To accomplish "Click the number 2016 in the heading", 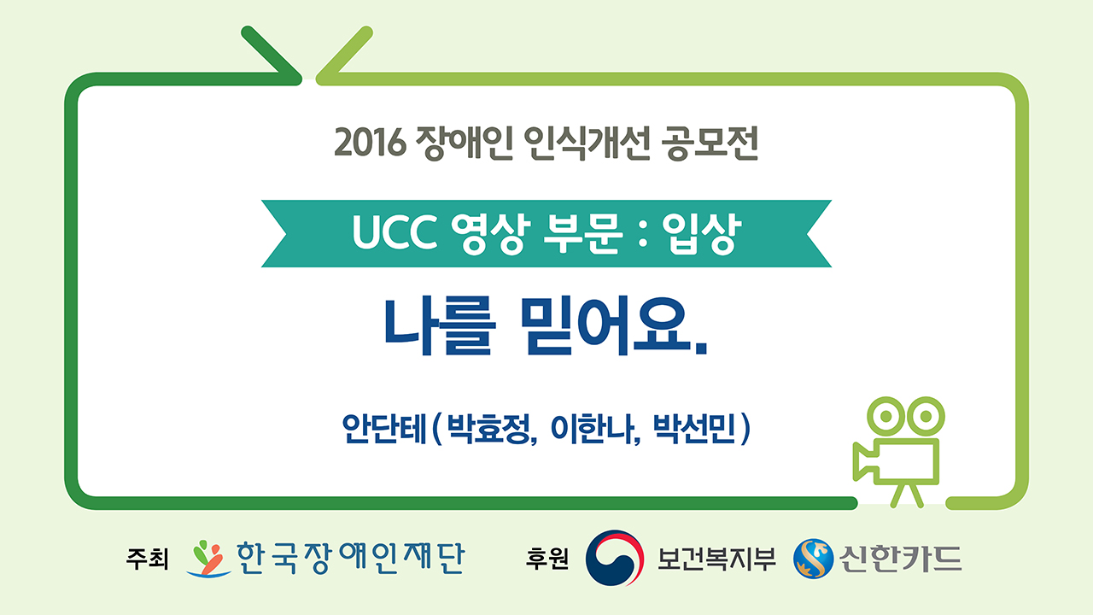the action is (x=371, y=143).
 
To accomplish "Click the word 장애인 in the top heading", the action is (x=464, y=143).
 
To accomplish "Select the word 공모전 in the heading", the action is (x=710, y=143).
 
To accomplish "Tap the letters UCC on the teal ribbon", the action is (x=395, y=232).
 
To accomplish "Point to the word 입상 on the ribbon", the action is (x=702, y=233).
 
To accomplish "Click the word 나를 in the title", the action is (x=440, y=326).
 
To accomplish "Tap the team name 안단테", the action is (x=384, y=429).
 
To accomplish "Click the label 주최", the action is (x=148, y=559).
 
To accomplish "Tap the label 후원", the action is (x=547, y=559).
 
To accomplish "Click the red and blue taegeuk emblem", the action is (x=615, y=558).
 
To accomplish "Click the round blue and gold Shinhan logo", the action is (x=814, y=559).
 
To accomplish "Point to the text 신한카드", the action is (x=900, y=559).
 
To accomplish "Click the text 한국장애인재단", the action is (x=350, y=558).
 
